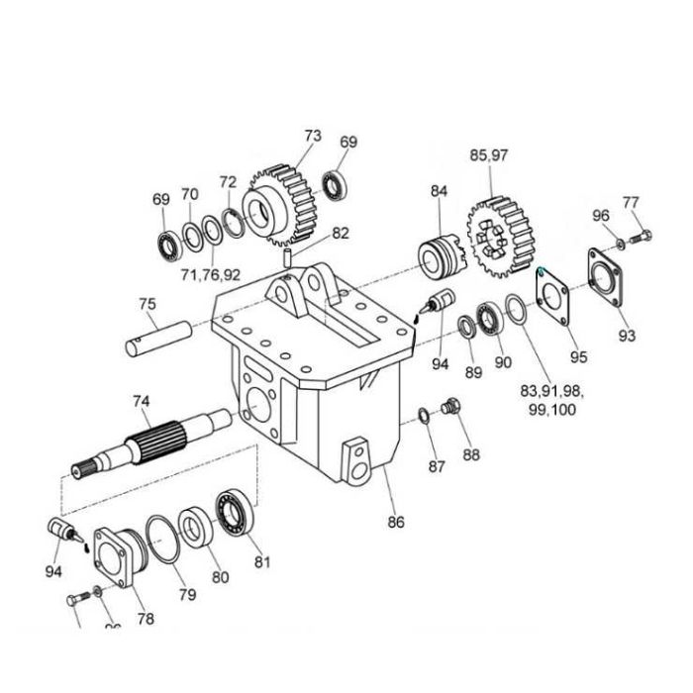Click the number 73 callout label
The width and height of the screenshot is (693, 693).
pyautogui.click(x=313, y=135)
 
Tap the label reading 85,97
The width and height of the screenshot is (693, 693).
pyautogui.click(x=488, y=155)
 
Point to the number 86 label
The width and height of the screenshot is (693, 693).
pyautogui.click(x=396, y=522)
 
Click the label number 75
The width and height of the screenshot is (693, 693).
pyautogui.click(x=147, y=304)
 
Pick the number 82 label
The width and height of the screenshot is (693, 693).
pyautogui.click(x=341, y=234)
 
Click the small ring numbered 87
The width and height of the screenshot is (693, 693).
pyautogui.click(x=424, y=413)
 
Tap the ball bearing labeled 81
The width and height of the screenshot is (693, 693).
pyautogui.click(x=235, y=511)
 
